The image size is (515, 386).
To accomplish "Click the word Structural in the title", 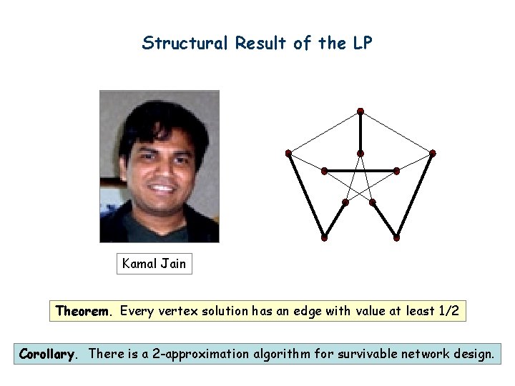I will pyautogui.click(x=183, y=44).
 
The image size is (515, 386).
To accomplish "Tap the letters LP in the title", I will pyautogui.click(x=360, y=44).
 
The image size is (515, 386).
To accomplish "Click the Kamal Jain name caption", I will pyautogui.click(x=154, y=264).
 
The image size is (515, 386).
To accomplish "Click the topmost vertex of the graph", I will pyautogui.click(x=360, y=112).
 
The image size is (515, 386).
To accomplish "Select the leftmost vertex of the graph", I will pyautogui.click(x=288, y=153).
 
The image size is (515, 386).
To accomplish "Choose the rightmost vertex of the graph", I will pyautogui.click(x=433, y=153).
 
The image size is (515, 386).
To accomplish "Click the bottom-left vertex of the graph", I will pyautogui.click(x=324, y=237).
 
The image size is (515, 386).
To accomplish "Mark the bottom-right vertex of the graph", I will pyautogui.click(x=396, y=237).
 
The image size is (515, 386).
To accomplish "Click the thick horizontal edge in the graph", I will pyautogui.click(x=360, y=171).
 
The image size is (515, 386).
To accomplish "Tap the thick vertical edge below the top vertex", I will pyautogui.click(x=360, y=132).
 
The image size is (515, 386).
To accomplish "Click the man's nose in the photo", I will pyautogui.click(x=161, y=169).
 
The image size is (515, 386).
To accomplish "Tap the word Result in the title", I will pyautogui.click(x=263, y=44).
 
